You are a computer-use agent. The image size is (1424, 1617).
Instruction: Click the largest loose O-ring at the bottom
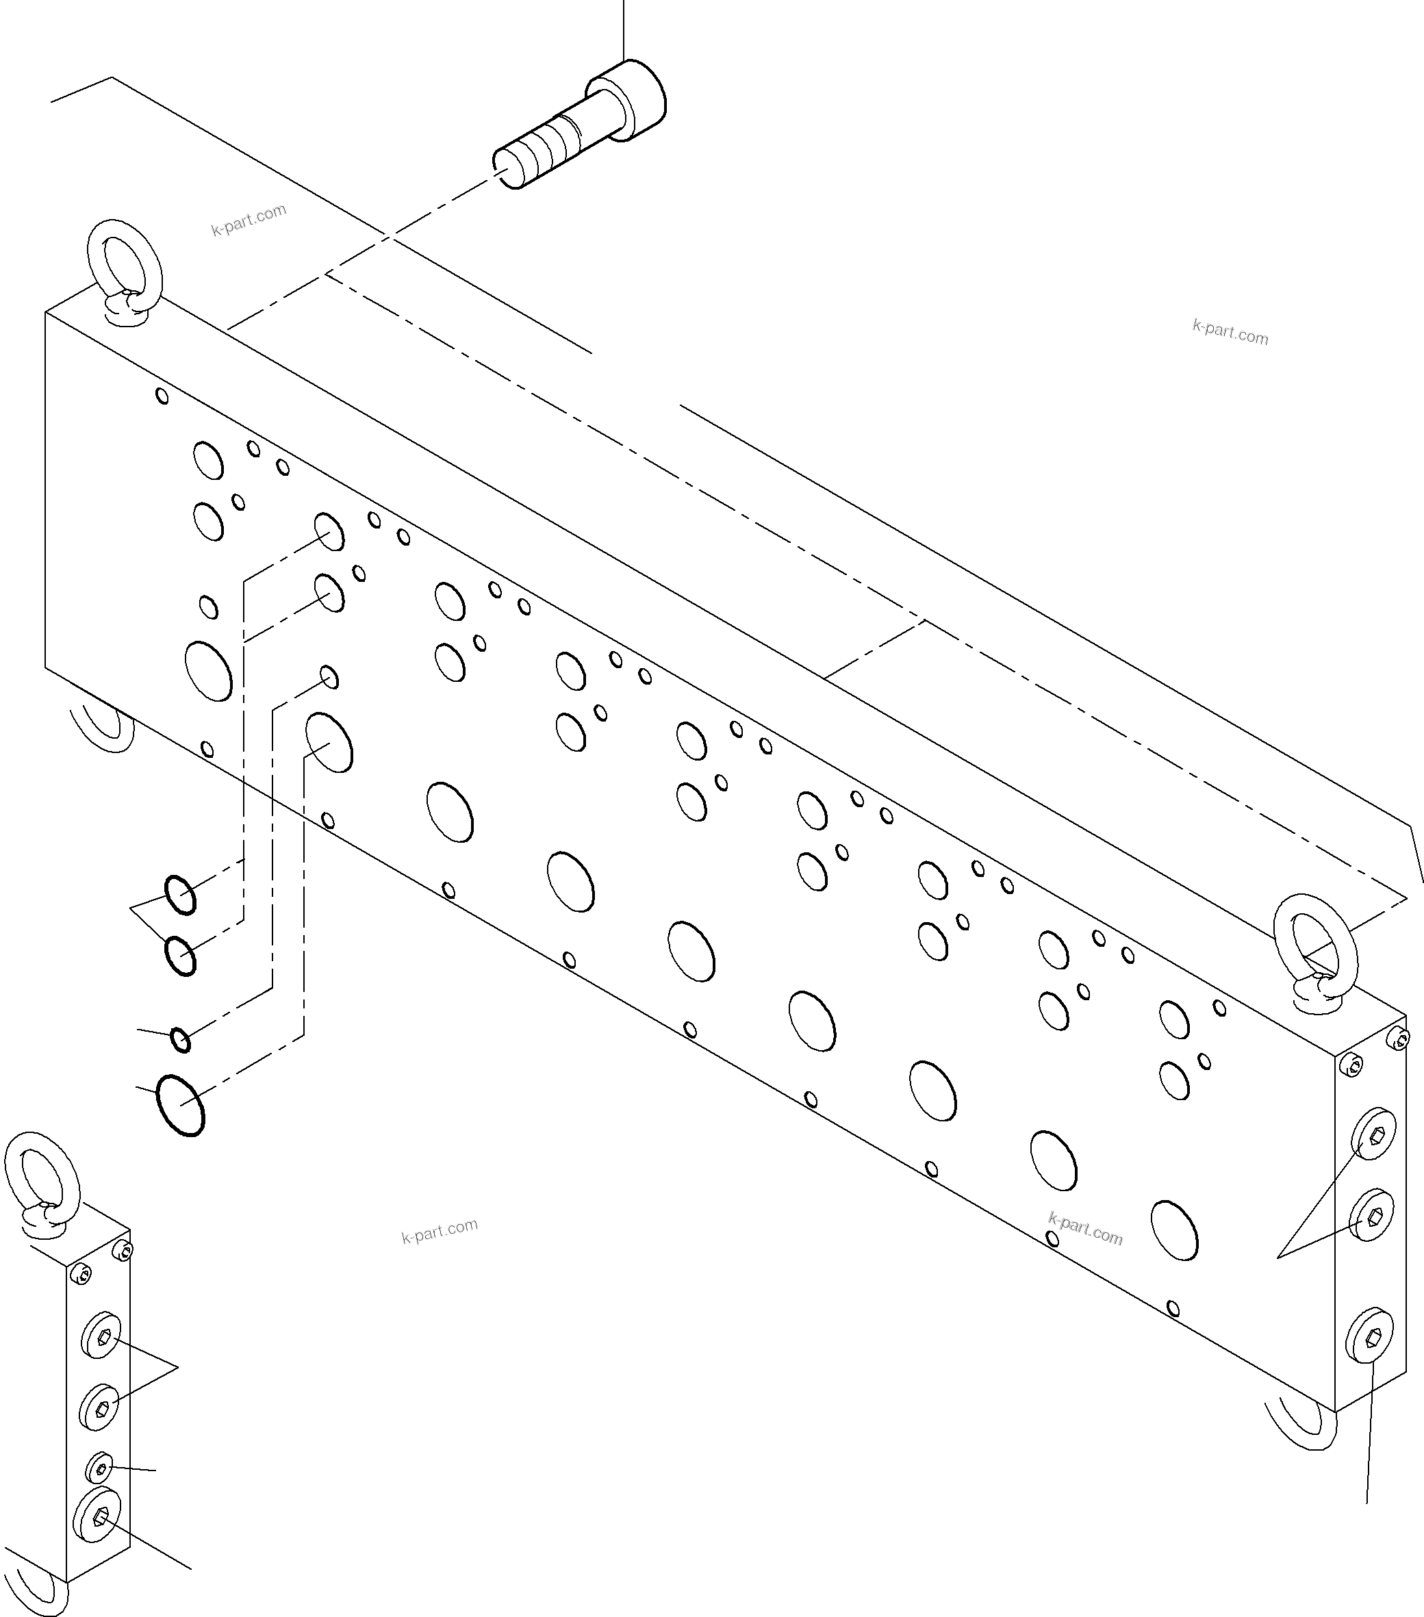(180, 1105)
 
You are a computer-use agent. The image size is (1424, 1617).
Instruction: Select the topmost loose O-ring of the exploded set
(180, 895)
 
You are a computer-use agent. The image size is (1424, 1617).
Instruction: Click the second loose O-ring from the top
(180, 956)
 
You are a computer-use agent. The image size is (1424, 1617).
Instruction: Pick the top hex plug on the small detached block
(102, 1336)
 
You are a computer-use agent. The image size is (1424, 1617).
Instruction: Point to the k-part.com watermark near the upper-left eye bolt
(249, 220)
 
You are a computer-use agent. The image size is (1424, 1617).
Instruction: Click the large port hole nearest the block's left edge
(208, 671)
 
